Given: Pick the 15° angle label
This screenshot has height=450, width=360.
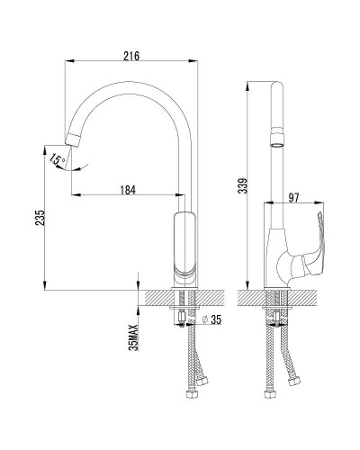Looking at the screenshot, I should point(58,160).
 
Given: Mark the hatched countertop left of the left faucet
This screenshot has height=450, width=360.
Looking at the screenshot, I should point(154,298).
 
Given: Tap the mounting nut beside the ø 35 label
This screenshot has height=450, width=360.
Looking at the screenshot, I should point(184,317).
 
